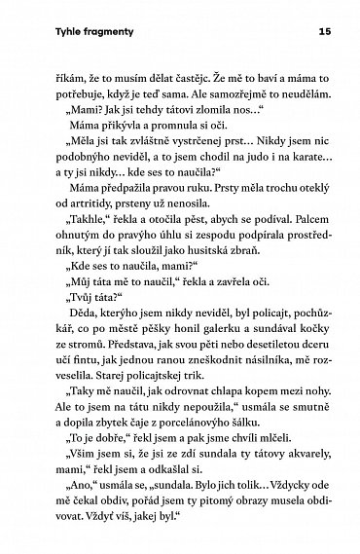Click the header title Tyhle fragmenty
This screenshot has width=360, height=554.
click(x=69, y=31)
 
